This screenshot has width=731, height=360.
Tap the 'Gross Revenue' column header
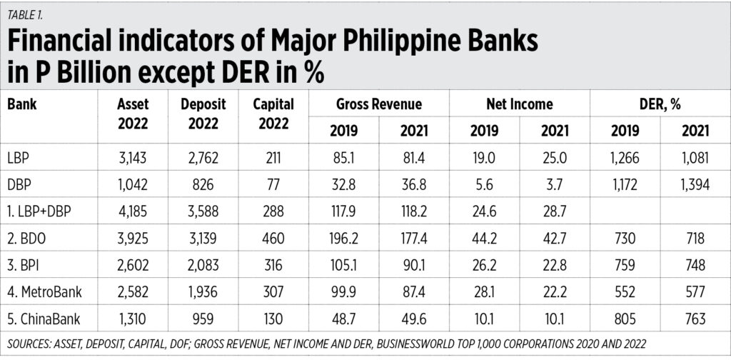(x=378, y=104)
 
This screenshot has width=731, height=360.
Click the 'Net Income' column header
(x=519, y=104)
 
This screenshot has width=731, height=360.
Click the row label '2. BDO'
(x=29, y=236)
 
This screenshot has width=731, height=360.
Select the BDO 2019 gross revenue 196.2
(x=343, y=236)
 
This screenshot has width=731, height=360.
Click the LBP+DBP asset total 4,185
(x=132, y=209)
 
